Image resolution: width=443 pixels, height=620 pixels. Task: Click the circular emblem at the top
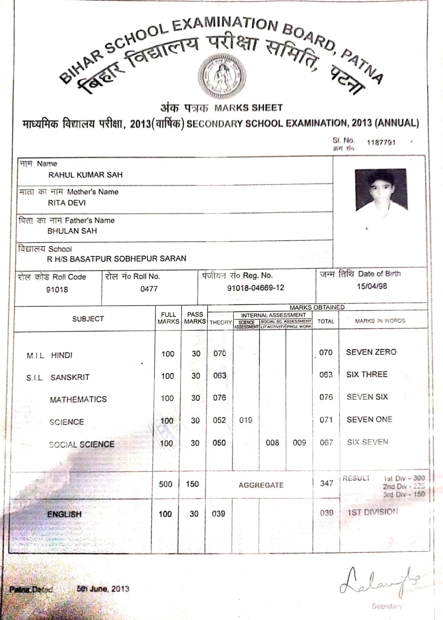(222, 75)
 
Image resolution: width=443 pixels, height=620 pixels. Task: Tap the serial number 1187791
(381, 143)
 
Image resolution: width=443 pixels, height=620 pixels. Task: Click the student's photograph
(381, 190)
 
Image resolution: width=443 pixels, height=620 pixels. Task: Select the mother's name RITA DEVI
(67, 203)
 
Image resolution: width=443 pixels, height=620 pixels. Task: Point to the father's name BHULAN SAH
(72, 231)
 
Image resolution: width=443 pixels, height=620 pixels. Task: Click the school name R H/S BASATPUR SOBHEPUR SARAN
(116, 258)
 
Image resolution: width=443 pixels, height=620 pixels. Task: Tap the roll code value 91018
(57, 289)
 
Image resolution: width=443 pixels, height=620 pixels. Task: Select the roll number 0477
(149, 289)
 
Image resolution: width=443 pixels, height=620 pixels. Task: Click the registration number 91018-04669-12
(255, 288)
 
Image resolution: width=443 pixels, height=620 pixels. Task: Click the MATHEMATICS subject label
(78, 400)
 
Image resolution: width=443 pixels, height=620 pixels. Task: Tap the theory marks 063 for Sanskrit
(220, 375)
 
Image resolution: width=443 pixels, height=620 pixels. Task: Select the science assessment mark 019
(246, 420)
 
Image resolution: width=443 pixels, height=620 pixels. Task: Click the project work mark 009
(299, 443)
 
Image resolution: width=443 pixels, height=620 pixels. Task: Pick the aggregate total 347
(326, 483)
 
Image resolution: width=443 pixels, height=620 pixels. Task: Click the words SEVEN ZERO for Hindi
(371, 352)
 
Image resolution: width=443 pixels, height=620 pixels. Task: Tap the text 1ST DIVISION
(372, 512)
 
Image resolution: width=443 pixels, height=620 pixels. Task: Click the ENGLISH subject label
(64, 514)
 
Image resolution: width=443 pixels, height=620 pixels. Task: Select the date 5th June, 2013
(103, 589)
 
